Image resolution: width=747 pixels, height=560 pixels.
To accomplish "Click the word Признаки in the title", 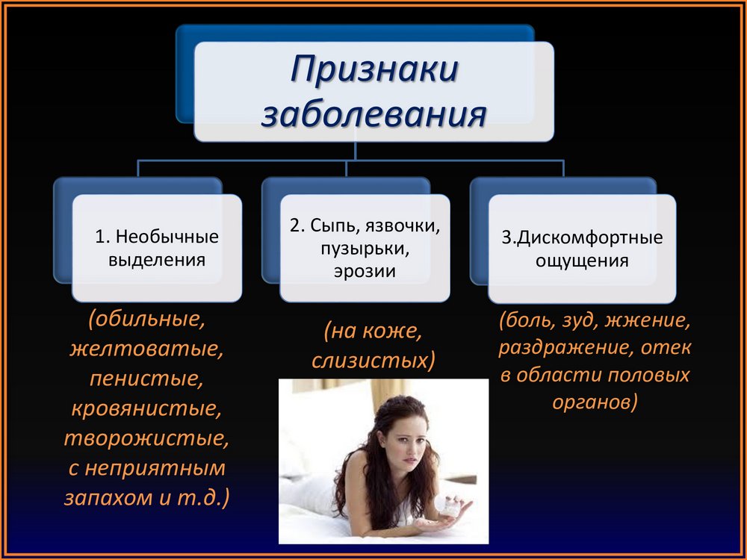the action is [x=374, y=69].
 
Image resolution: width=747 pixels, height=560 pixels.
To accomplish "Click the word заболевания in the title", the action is [x=374, y=114].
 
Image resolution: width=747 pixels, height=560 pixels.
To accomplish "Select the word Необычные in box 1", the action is [x=167, y=237].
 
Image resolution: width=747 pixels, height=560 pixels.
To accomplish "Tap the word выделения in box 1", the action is [x=157, y=260].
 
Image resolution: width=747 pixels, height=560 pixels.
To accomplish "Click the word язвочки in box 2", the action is [x=403, y=225].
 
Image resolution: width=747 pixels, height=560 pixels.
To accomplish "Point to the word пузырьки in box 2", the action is [x=365, y=249].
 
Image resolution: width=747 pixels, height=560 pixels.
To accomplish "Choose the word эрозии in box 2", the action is [x=365, y=271].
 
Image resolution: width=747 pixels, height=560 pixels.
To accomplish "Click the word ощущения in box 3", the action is [x=582, y=261].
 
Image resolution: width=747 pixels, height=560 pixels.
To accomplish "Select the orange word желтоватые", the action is [x=146, y=349].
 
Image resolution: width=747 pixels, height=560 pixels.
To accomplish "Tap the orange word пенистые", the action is [x=146, y=379].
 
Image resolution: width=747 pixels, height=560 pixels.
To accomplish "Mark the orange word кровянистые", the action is [x=146, y=408].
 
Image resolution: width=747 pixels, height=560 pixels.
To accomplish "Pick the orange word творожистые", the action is [x=146, y=438].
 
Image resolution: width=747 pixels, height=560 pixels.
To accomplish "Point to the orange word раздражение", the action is [x=565, y=348].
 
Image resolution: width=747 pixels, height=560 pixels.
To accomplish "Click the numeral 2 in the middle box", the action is [x=294, y=225].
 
